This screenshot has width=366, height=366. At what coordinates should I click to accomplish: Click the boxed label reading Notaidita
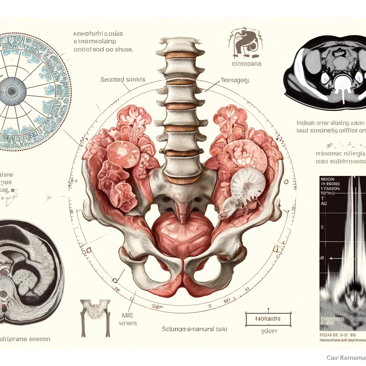pyautogui.click(x=268, y=318)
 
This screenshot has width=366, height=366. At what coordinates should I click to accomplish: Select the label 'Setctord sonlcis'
pyautogui.click(x=123, y=79)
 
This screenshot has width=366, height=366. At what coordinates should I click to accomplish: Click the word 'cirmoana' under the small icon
pyautogui.click(x=246, y=64)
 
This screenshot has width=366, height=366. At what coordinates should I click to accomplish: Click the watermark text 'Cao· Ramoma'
pyautogui.click(x=346, y=358)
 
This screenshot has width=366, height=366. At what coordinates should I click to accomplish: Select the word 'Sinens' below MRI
pyautogui.click(x=127, y=323)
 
